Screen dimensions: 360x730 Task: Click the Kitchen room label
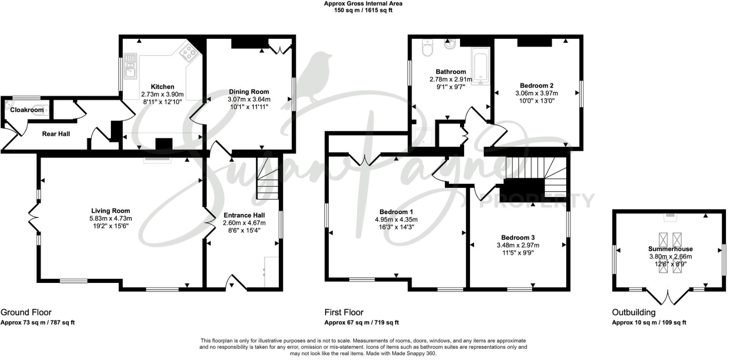[162, 87]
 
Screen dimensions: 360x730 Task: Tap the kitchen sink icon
[130, 66]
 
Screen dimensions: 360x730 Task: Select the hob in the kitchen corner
[188, 53]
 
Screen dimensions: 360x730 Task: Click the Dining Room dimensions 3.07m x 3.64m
[249, 99]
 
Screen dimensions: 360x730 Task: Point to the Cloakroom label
[27, 110]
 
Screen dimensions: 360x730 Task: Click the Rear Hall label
[56, 134]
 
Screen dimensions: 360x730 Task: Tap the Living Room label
[110, 211]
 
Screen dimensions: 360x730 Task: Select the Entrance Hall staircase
[267, 179]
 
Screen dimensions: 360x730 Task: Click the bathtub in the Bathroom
[480, 66]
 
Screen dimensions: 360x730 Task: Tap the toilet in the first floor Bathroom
[427, 48]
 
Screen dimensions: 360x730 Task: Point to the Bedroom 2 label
[536, 85]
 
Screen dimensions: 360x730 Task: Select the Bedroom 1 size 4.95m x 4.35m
[396, 220]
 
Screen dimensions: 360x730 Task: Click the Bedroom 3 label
[517, 237]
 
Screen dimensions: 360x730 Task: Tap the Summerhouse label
[670, 249]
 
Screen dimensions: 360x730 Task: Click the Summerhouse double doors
[668, 297]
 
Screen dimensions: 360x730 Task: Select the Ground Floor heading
[26, 312]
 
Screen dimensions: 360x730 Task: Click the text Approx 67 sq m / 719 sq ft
[361, 322]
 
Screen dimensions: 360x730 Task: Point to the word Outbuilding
[633, 312]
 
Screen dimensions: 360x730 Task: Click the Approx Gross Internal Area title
[363, 4]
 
